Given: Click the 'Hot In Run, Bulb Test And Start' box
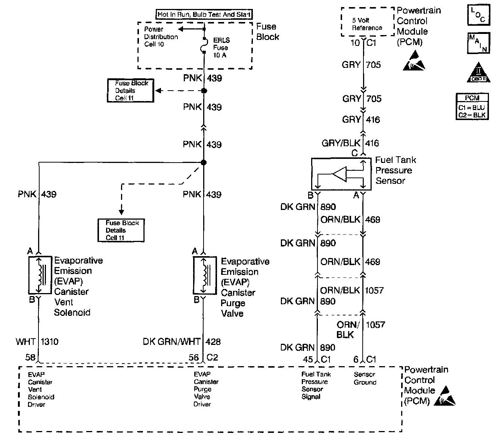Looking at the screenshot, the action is click(x=204, y=14).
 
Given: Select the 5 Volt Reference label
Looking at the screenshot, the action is click(x=367, y=24).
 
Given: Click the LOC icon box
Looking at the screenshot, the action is click(x=478, y=15).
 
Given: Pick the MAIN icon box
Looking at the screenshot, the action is click(x=478, y=43).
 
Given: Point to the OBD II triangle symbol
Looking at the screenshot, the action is click(x=478, y=72).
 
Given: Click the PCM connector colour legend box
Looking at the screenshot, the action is click(x=472, y=107).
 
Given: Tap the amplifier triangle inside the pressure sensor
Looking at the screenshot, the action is click(x=339, y=174).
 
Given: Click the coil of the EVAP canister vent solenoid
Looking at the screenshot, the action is click(x=39, y=274).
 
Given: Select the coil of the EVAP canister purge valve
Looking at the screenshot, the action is click(x=204, y=275).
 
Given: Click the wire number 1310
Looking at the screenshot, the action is click(x=50, y=342).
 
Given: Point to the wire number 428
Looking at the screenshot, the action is click(x=213, y=342).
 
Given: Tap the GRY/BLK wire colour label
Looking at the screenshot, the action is click(x=341, y=143).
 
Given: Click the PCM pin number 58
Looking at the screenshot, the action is click(x=30, y=357).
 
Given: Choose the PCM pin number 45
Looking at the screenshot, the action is click(x=308, y=359).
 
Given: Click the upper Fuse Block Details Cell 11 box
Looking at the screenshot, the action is click(x=130, y=90).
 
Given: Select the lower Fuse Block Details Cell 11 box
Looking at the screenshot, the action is click(x=121, y=230).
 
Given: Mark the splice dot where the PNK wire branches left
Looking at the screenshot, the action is click(x=204, y=163).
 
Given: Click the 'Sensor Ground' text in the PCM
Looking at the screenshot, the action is click(x=365, y=378).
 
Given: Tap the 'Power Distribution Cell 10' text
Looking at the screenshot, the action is click(x=161, y=37).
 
